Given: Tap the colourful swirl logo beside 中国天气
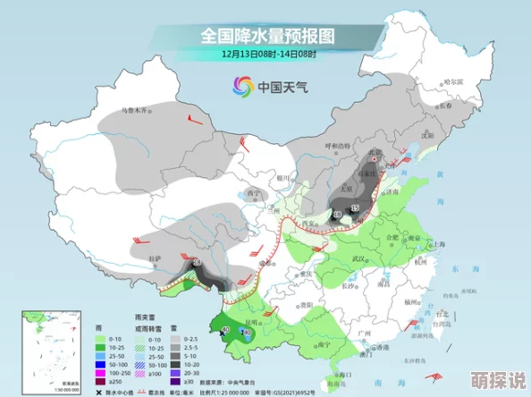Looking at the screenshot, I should point(241,86).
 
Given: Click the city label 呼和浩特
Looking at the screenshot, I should point(340,146).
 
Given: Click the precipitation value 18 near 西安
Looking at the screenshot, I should point(337,215).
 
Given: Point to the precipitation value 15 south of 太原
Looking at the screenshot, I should point(355,207).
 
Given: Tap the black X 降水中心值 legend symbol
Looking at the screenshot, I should point(100,390).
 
